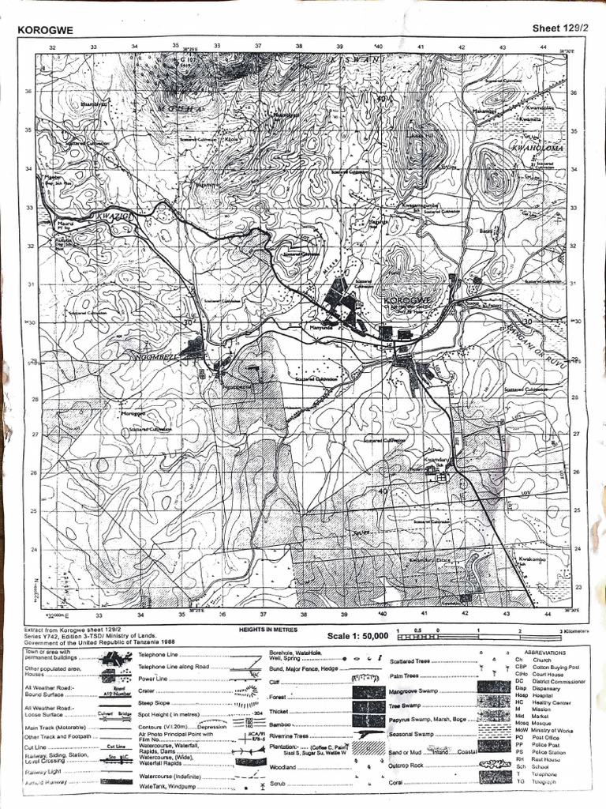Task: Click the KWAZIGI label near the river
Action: pyautogui.click(x=110, y=214)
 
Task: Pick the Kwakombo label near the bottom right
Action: pyautogui.click(x=533, y=559)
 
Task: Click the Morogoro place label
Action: pyautogui.click(x=135, y=413)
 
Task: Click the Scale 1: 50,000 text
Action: pyautogui.click(x=358, y=635)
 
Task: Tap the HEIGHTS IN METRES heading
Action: pyautogui.click(x=271, y=629)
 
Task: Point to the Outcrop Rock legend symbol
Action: pyautogui.click(x=494, y=764)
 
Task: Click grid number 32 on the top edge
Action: pyautogui.click(x=53, y=47)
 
